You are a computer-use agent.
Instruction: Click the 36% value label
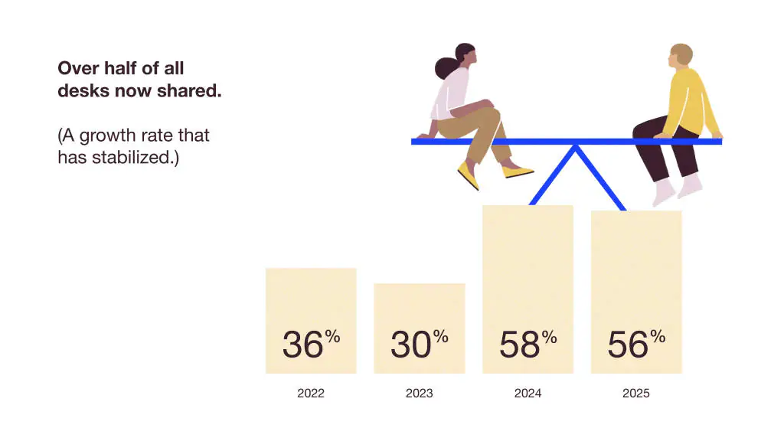[311, 344]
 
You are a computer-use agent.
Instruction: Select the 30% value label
[419, 344]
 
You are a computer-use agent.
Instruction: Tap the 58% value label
[528, 344]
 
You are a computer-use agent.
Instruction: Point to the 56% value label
[636, 344]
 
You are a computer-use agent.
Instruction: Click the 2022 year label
[311, 394]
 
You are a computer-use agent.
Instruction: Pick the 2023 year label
[419, 394]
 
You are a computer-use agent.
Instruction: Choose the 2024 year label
[528, 394]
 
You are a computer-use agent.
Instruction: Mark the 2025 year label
[636, 394]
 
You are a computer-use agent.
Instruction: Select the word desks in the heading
[83, 90]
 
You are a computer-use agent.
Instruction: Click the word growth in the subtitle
[107, 136]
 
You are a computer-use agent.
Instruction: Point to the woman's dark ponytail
[445, 68]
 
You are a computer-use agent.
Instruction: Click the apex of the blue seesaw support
[576, 146]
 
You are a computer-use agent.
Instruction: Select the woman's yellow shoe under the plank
[469, 175]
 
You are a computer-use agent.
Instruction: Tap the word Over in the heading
[75, 68]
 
